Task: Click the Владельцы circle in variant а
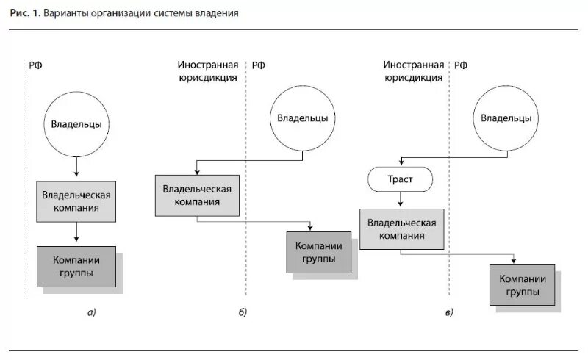[x=76, y=123]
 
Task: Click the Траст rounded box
[x=400, y=179]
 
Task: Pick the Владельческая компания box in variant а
[x=76, y=202]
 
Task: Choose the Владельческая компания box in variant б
[x=197, y=195]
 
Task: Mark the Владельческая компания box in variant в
[x=401, y=228]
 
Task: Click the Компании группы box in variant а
[x=76, y=266]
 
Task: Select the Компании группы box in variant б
[x=318, y=252]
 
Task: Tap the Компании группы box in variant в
[x=523, y=285]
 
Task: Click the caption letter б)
[x=243, y=313]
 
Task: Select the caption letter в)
[x=448, y=313]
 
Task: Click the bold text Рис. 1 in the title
[x=25, y=14]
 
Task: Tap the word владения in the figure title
[x=218, y=14]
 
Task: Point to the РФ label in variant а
[x=36, y=65]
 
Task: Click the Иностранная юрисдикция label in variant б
[x=207, y=71]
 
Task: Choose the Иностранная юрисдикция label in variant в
[x=413, y=71]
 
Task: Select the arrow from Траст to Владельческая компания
[x=400, y=198]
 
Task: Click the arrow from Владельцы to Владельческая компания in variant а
[x=76, y=168]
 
